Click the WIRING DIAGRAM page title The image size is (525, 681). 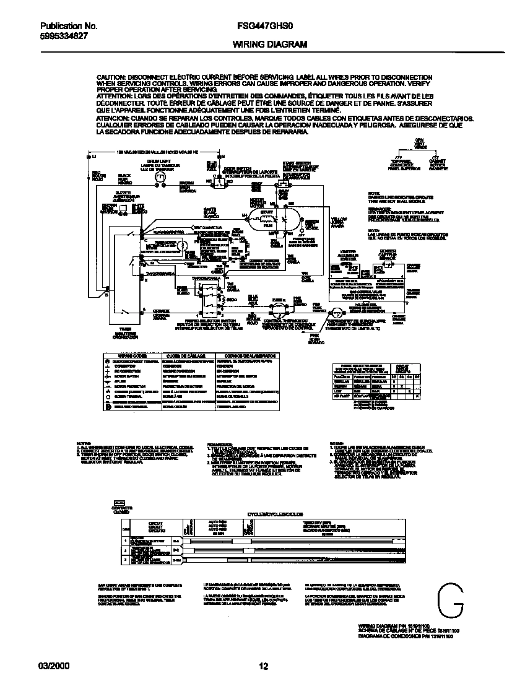261,45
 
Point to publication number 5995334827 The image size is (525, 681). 63,37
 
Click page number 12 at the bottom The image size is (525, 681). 262,667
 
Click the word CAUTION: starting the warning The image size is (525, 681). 111,77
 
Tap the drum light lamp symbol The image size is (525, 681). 159,177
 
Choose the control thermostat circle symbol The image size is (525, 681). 276,306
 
